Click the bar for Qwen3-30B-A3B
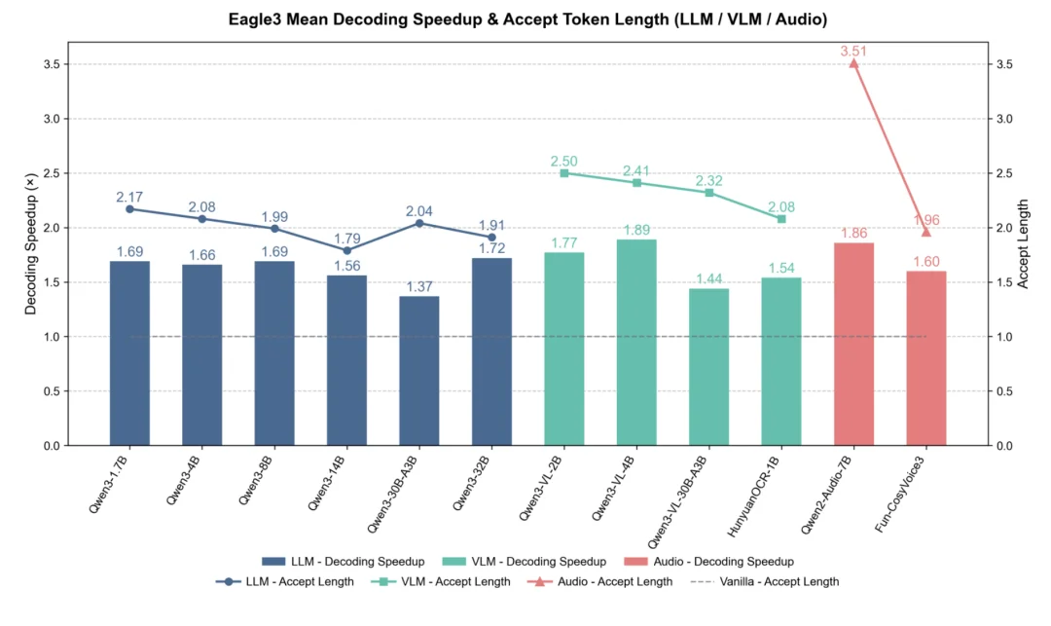click(x=418, y=371)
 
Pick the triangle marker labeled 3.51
click(x=853, y=63)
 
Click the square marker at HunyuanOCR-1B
click(x=780, y=219)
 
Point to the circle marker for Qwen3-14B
click(x=346, y=250)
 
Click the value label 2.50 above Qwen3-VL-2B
click(x=564, y=161)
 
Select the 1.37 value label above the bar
click(x=418, y=285)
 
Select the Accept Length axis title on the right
click(x=1023, y=244)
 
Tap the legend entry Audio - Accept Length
click(x=603, y=582)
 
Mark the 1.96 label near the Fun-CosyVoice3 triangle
click(x=925, y=220)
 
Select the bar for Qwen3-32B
click(x=491, y=351)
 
